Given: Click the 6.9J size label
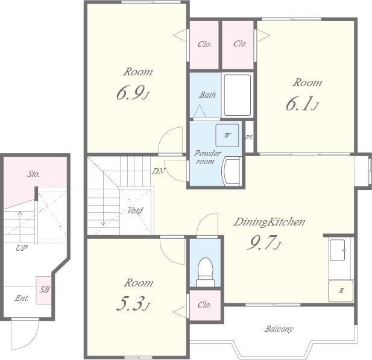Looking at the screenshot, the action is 133,93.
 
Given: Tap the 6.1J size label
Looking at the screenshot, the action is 302,104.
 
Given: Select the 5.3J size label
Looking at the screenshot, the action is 133,304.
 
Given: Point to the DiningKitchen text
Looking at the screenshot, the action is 270,222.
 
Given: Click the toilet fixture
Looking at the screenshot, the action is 205,272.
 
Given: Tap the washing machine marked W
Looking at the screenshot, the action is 227,135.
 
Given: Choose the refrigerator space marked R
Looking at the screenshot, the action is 341,291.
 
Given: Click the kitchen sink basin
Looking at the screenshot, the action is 338,250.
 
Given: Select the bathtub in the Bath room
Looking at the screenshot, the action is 238,95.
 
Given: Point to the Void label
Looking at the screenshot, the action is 135,210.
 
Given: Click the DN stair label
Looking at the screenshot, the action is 158,171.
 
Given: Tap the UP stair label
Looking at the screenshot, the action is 22,248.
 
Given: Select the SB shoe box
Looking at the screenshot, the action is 44,290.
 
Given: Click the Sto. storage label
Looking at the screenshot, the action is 33,174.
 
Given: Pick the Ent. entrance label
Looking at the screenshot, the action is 22,298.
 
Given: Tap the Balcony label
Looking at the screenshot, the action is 279,329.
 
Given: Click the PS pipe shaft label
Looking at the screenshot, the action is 249,137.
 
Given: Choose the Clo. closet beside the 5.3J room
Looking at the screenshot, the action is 205,305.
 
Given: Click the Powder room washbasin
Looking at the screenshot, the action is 232,171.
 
